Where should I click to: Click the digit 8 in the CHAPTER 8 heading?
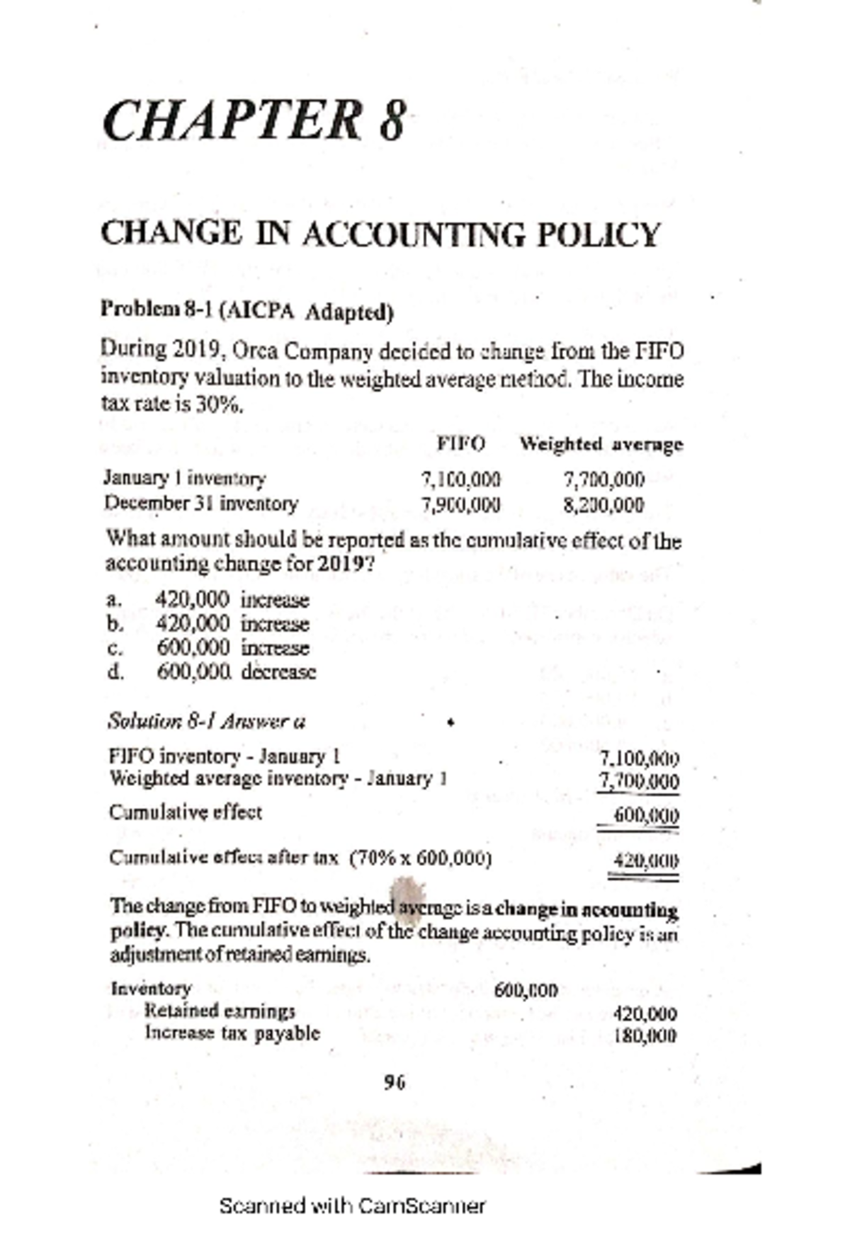tap(391, 122)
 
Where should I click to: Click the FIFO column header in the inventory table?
tap(461, 444)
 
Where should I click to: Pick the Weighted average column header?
tap(601, 444)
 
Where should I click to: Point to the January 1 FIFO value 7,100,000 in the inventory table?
tap(460, 479)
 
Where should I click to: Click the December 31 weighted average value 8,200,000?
tap(604, 505)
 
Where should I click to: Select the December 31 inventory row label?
tap(201, 504)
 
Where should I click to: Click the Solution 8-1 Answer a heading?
tap(206, 722)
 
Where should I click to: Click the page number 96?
tap(394, 1082)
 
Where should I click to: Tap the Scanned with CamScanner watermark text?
tap(352, 1206)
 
